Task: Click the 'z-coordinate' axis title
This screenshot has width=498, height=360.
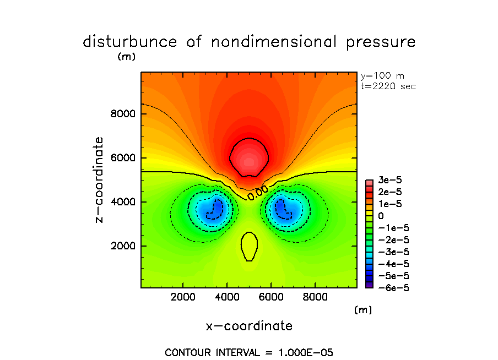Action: [100, 180]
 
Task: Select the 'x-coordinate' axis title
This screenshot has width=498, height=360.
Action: [249, 326]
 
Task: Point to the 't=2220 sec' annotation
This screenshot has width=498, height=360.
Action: [388, 86]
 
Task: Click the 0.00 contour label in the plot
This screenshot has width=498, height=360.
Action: [258, 192]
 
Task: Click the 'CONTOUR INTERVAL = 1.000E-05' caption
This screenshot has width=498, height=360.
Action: [249, 352]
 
